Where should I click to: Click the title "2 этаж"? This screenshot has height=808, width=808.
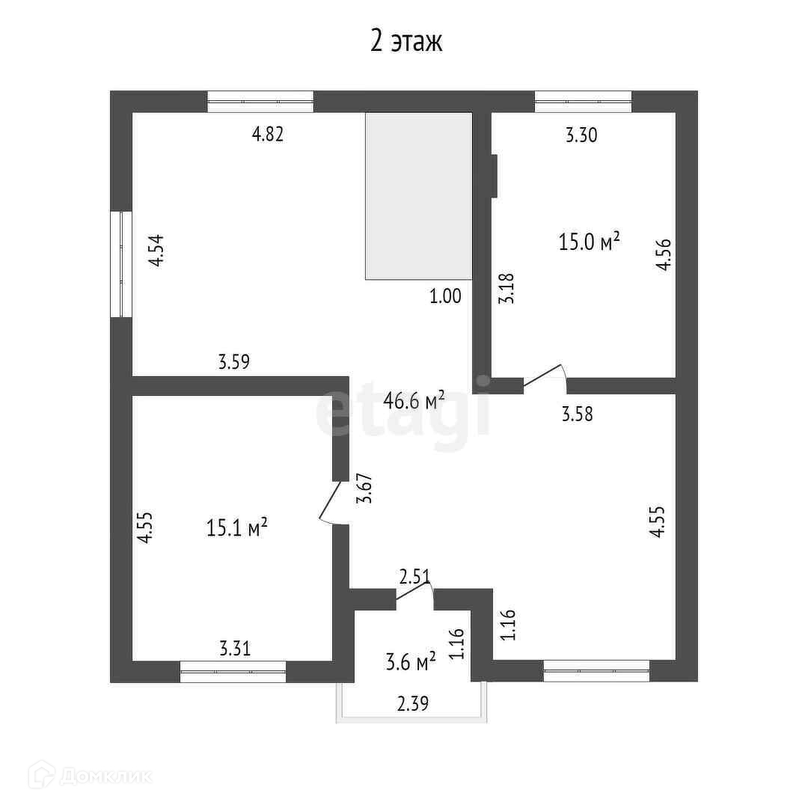pyautogui.click(x=407, y=41)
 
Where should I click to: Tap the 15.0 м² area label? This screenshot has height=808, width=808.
pyautogui.click(x=590, y=242)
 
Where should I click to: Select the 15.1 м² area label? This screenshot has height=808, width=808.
pyautogui.click(x=236, y=529)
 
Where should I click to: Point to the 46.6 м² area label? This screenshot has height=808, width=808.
pyautogui.click(x=414, y=400)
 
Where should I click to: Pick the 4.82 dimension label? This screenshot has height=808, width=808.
pyautogui.click(x=268, y=135)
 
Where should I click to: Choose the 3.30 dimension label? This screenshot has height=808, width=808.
pyautogui.click(x=581, y=135)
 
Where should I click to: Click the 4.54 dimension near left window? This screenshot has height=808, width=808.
pyautogui.click(x=155, y=251)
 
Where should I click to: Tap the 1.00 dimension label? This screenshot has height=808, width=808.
pyautogui.click(x=445, y=296)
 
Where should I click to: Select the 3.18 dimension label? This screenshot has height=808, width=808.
pyautogui.click(x=506, y=288)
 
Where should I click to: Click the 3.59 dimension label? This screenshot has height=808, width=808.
pyautogui.click(x=233, y=363)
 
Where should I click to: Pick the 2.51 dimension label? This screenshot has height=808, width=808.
pyautogui.click(x=414, y=577)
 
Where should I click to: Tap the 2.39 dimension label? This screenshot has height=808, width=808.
pyautogui.click(x=412, y=703)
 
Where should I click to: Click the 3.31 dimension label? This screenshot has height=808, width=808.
pyautogui.click(x=235, y=648)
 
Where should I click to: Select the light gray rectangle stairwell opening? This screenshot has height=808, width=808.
pyautogui.click(x=418, y=196)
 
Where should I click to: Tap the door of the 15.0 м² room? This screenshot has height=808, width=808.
pyautogui.click(x=544, y=376)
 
